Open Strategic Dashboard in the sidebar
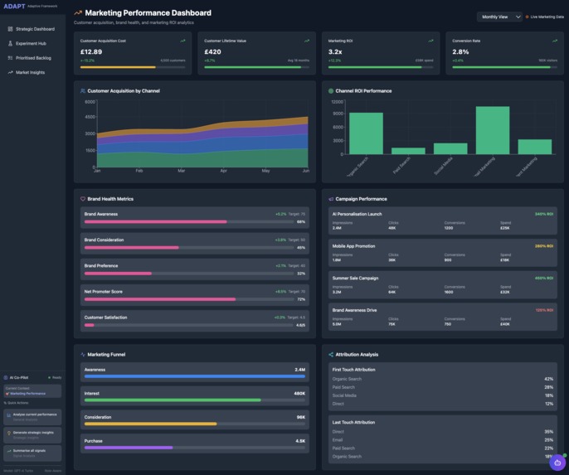pyautogui.click(x=34, y=29)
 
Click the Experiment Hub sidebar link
pyautogui.click(x=31, y=43)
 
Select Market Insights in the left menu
pyautogui.click(x=30, y=72)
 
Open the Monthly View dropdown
pyautogui.click(x=500, y=17)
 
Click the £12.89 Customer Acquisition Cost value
pyautogui.click(x=91, y=51)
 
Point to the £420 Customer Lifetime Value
pyautogui.click(x=212, y=51)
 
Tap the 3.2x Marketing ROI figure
pyautogui.click(x=335, y=51)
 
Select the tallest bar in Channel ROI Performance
pyautogui.click(x=492, y=129)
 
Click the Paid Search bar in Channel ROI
pyautogui.click(x=408, y=151)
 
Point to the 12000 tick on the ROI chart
pyautogui.click(x=338, y=102)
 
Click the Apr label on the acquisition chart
pyautogui.click(x=223, y=171)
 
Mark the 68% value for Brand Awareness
pyautogui.click(x=300, y=222)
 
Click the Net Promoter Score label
pyautogui.click(x=104, y=292)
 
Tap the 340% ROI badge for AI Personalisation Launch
pyautogui.click(x=544, y=214)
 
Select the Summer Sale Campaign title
pyautogui.click(x=355, y=279)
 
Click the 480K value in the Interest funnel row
pyautogui.click(x=299, y=394)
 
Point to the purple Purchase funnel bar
pyautogui.click(x=129, y=448)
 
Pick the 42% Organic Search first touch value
pyautogui.click(x=548, y=379)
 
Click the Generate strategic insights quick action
pyautogui.click(x=33, y=433)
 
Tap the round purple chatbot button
pyautogui.click(x=557, y=463)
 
